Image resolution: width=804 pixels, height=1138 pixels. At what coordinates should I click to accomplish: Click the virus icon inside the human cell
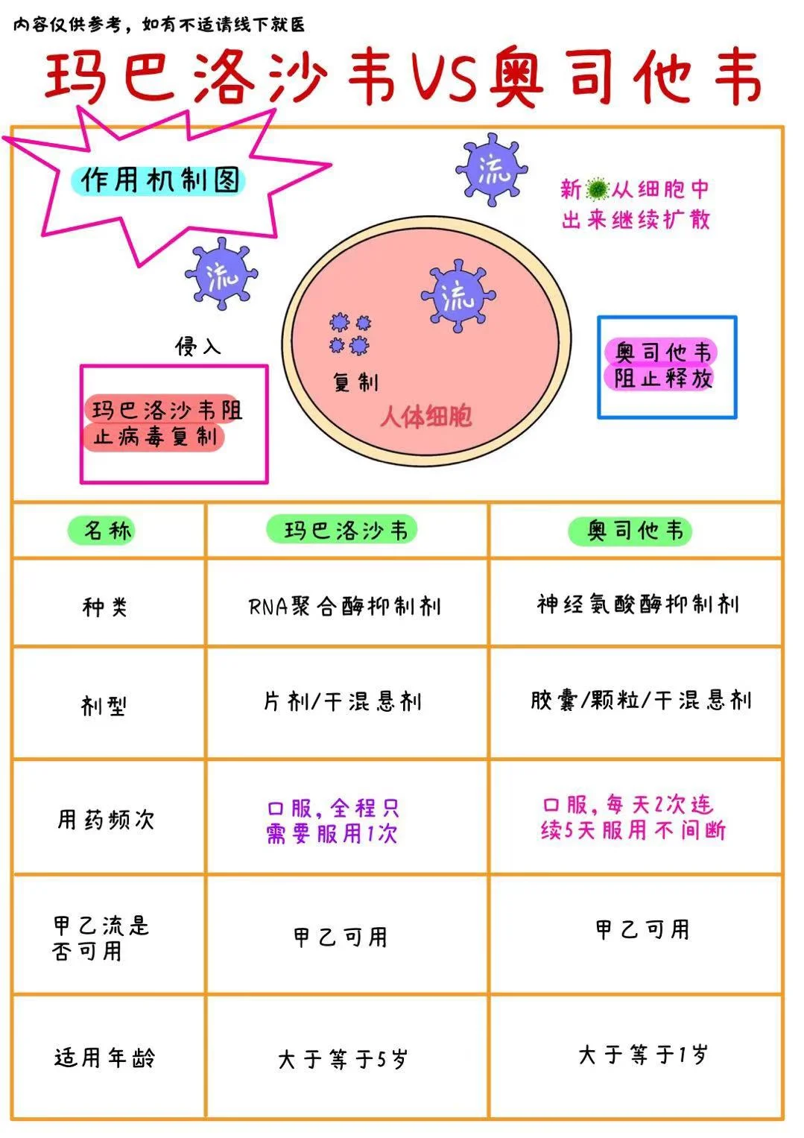(x=458, y=297)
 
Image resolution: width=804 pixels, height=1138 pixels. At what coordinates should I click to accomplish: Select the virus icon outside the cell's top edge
(x=493, y=170)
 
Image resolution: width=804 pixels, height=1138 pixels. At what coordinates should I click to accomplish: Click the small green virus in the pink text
(x=597, y=189)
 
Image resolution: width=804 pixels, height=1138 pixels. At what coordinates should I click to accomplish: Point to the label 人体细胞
(x=425, y=417)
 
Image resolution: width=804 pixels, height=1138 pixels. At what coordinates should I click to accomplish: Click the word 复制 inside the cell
(x=355, y=382)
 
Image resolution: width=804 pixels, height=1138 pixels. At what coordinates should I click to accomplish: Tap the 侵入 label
(x=197, y=346)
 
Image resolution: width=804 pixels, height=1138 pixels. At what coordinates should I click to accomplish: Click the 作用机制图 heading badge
(x=159, y=180)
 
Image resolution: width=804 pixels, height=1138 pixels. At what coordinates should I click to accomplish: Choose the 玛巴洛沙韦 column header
(x=346, y=531)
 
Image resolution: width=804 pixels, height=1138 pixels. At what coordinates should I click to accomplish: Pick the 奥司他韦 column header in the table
(x=634, y=531)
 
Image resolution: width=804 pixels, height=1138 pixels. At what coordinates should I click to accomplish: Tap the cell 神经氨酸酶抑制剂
(x=637, y=604)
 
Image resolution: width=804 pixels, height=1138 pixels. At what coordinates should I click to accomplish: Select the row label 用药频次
(x=106, y=820)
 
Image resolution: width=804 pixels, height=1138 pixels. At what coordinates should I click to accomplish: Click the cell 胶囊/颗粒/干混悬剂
(x=640, y=701)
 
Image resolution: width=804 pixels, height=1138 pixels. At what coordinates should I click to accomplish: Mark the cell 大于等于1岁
(x=642, y=1055)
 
